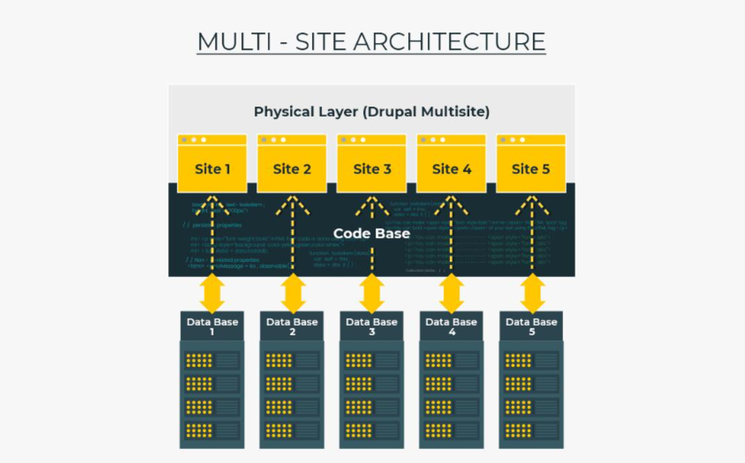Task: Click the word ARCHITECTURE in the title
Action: pos(449,42)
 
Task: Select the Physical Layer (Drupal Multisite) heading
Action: pos(371,111)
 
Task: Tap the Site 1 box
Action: pos(212,168)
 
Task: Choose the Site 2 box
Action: pos(292,168)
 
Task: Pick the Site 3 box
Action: pos(372,168)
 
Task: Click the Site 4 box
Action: pos(452,168)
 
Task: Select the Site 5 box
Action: pos(531,168)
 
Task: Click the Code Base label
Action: pos(371,233)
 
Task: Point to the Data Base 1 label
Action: pos(212,326)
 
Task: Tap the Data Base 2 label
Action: pos(292,326)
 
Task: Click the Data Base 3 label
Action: pos(372,326)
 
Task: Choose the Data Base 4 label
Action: pos(452,326)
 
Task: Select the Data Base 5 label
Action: pos(531,326)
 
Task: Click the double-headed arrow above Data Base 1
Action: pos(212,293)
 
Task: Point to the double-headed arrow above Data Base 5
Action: pos(533,293)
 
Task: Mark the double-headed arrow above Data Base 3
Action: pos(372,293)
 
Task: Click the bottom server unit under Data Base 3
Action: pos(372,430)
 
